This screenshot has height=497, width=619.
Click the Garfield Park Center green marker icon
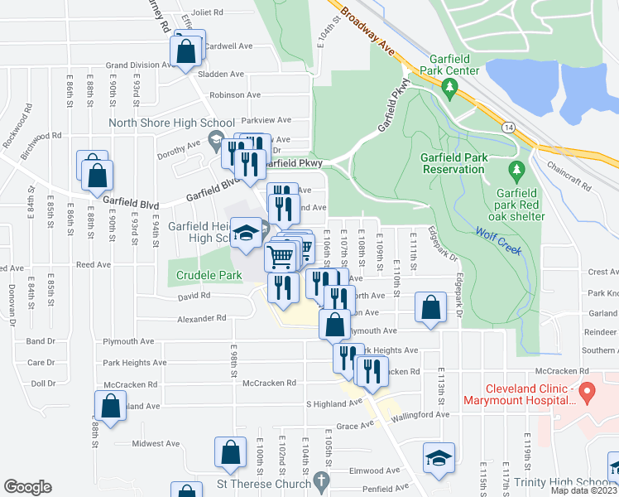click(x=450, y=86)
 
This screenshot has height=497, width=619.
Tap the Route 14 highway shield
click(x=508, y=126)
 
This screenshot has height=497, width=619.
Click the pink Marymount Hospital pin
click(x=588, y=391)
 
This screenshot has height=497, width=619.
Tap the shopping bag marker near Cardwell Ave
click(x=187, y=51)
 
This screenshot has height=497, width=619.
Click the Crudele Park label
click(x=199, y=274)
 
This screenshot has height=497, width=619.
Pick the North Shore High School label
click(x=172, y=123)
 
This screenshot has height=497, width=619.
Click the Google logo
click(x=27, y=486)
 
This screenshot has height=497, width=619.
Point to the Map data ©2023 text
click(x=583, y=490)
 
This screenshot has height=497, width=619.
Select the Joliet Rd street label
click(x=207, y=12)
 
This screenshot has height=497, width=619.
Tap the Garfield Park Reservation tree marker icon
click(x=517, y=171)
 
